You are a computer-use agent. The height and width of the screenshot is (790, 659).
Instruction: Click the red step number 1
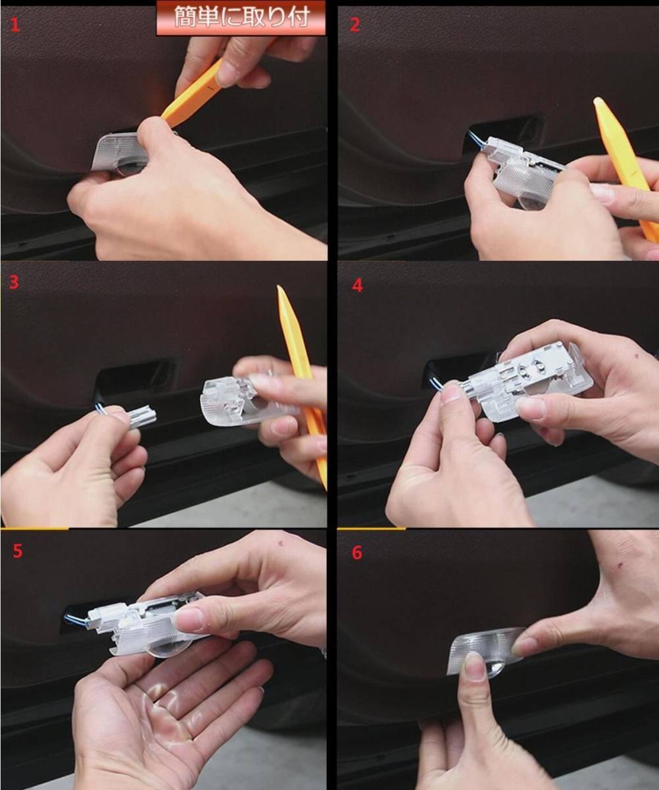coord(14,26)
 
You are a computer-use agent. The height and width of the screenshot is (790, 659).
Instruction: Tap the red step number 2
coord(355,25)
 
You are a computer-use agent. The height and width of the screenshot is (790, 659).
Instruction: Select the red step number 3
coord(14,282)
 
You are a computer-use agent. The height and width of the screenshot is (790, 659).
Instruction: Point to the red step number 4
coord(357,285)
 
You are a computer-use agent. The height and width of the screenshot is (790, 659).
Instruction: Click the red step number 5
coord(17,551)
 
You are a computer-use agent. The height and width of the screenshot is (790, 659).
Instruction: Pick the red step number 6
coord(357,553)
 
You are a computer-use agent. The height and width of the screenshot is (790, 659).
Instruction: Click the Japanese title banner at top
coord(241,17)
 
